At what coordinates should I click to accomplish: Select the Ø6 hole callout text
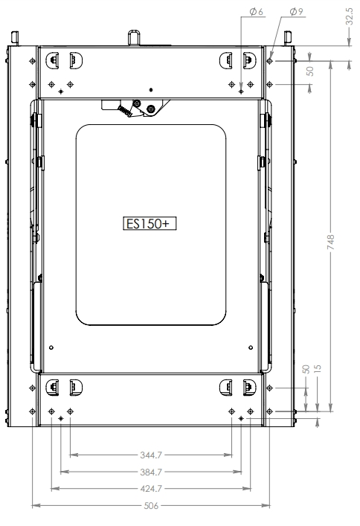click(x=256, y=13)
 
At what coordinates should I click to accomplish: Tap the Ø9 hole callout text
click(x=295, y=13)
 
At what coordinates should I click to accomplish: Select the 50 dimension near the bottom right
click(x=306, y=371)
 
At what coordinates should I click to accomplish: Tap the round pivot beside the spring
click(x=151, y=109)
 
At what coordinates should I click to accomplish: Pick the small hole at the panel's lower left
click(x=51, y=347)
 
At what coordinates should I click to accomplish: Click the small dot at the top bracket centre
click(x=151, y=87)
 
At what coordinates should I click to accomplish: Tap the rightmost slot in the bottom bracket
click(x=248, y=385)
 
